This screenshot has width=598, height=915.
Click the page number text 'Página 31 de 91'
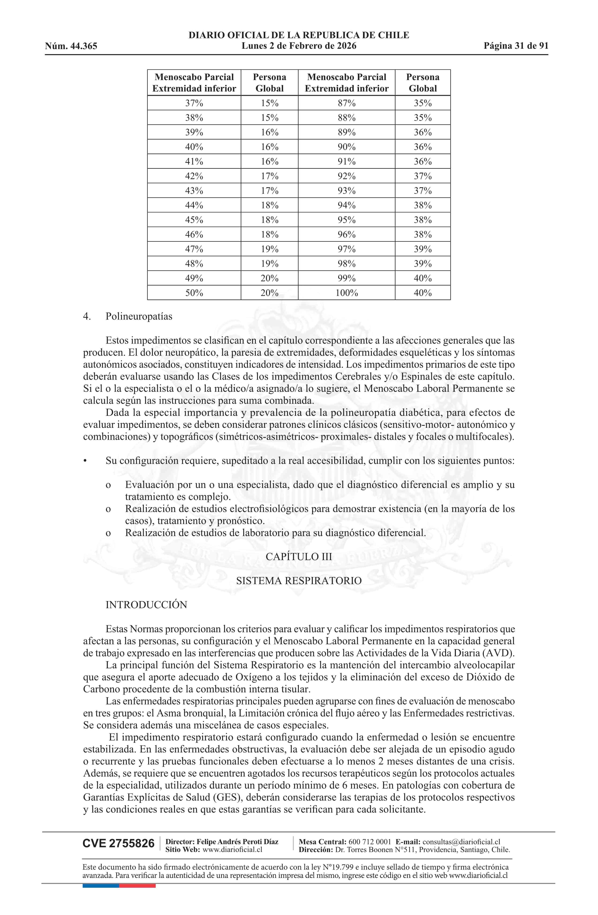(516, 46)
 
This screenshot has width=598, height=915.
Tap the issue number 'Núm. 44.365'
(71, 46)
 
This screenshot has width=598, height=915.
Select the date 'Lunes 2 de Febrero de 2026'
(299, 46)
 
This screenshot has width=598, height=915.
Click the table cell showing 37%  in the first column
(194, 103)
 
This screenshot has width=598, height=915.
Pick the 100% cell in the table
(346, 293)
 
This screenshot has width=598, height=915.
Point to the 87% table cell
(346, 103)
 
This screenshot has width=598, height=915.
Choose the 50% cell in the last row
(194, 293)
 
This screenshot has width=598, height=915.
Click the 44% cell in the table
(194, 205)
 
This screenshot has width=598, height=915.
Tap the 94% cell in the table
(346, 205)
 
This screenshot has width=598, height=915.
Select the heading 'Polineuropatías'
(139, 316)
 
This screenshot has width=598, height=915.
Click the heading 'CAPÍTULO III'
(299, 557)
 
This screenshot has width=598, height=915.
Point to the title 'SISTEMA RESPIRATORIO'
(299, 580)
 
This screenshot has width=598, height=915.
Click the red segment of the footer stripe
(137, 886)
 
